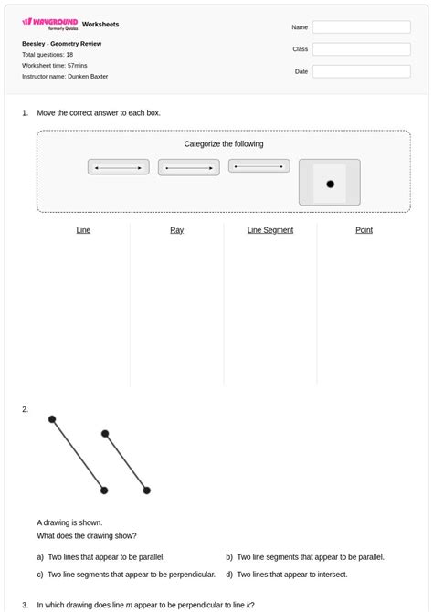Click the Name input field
361,27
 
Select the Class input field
361,49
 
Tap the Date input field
361,71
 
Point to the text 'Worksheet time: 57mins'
55,66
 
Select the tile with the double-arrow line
119,168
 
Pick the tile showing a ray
189,168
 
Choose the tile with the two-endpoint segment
259,166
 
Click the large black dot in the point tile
330,184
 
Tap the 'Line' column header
83,230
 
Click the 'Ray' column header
176,230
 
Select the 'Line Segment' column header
270,230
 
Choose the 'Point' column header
364,230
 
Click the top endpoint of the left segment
52,419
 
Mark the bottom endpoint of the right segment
146,491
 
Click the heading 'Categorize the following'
224,144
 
